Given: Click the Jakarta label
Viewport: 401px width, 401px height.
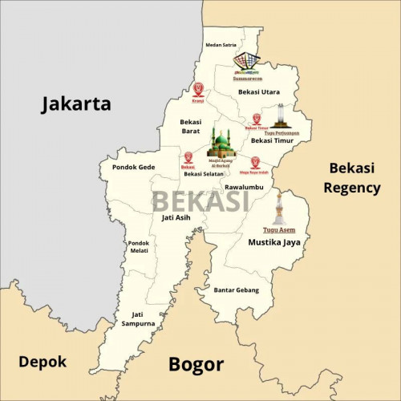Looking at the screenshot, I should click(x=76, y=103).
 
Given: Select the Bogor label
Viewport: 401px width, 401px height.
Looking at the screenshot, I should click(x=196, y=365).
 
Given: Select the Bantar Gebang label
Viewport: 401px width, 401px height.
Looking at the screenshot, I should click(x=237, y=290).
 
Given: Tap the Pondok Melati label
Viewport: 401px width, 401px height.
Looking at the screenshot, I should click(x=139, y=247).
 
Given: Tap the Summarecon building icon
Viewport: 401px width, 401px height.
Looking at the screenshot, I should click(x=247, y=62).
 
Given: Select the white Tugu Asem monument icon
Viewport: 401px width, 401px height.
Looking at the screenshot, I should click(x=279, y=210).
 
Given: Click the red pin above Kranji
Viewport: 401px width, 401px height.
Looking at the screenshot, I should click(x=198, y=89).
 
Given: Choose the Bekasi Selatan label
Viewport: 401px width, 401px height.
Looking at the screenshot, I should click(x=204, y=174).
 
